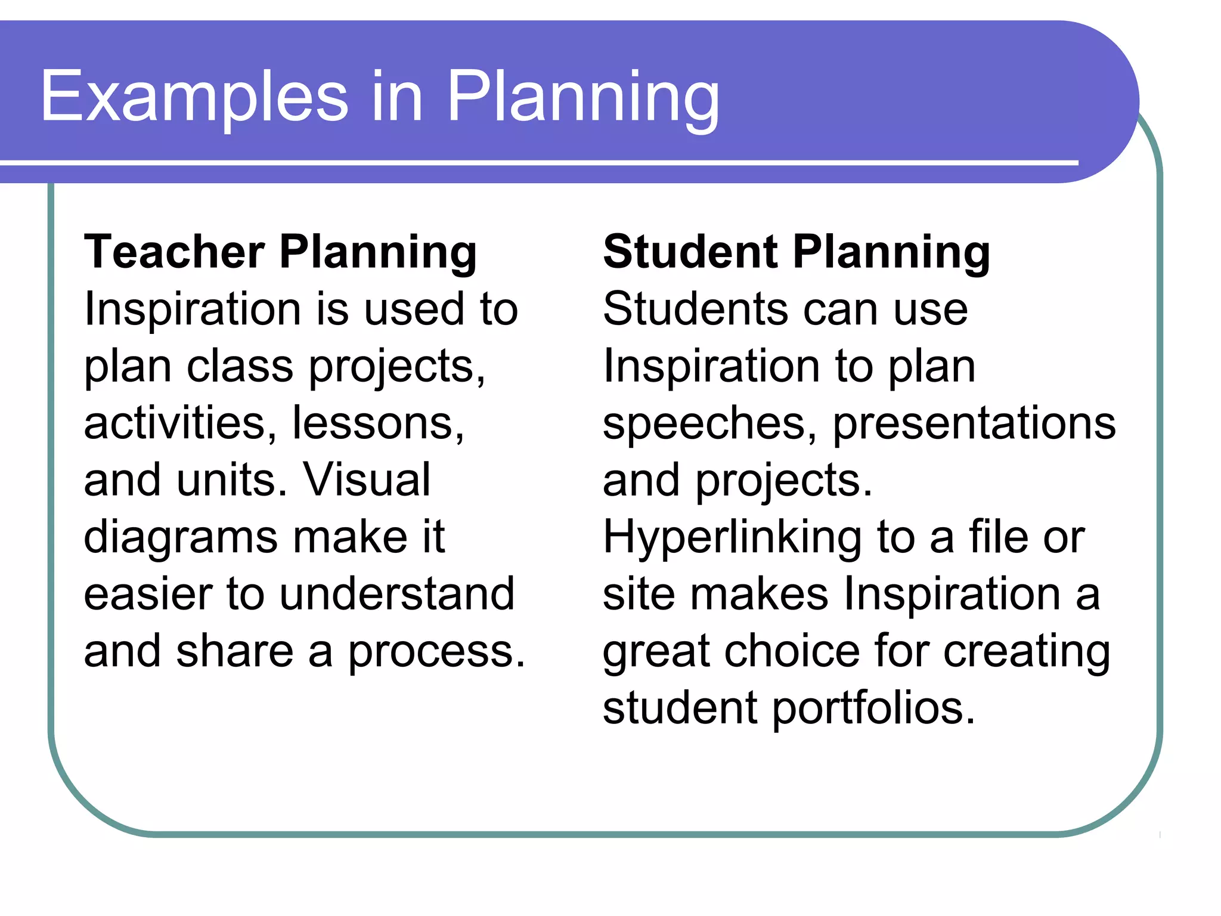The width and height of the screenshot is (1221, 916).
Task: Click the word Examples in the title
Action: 194,97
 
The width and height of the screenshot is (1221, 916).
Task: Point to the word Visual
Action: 367,479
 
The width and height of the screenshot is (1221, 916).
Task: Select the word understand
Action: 397,594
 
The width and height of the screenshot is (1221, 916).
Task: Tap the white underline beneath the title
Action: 537,162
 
